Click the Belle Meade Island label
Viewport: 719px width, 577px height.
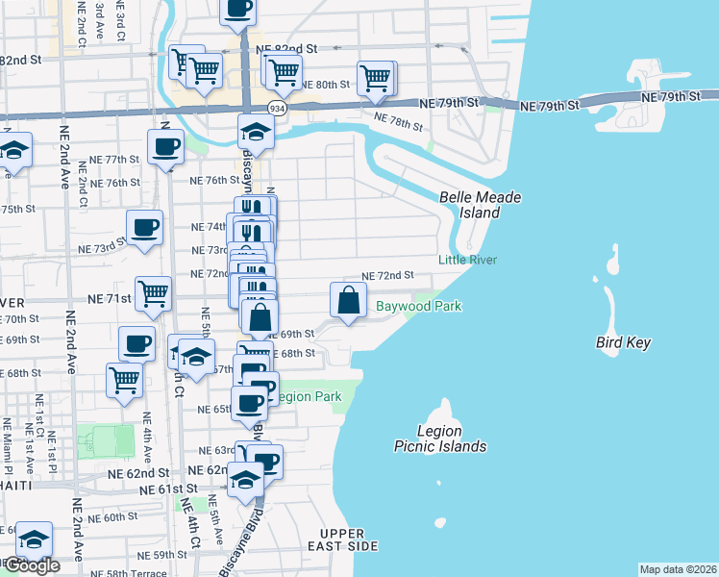(480, 205)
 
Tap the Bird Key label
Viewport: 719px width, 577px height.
(624, 342)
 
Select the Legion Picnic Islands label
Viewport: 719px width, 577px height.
(439, 439)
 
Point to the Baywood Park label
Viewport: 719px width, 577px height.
(418, 306)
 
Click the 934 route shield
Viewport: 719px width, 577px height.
(277, 109)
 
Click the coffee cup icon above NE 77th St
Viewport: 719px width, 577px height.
(165, 146)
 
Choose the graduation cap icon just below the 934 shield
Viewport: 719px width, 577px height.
(257, 131)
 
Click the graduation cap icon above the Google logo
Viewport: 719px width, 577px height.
(35, 539)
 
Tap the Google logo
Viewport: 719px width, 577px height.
(31, 565)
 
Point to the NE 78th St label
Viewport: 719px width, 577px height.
(398, 121)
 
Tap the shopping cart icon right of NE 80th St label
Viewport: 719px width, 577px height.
(375, 77)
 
